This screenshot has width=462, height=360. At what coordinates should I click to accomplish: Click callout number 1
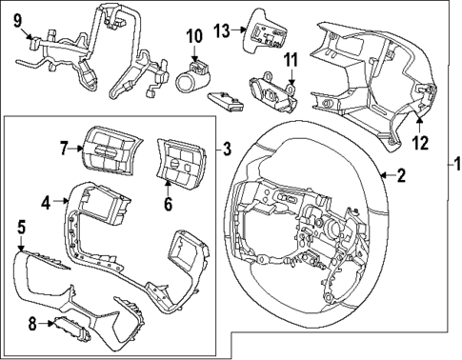454,178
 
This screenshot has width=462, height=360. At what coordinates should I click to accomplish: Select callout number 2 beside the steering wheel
400,174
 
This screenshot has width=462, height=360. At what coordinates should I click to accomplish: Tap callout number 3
227,148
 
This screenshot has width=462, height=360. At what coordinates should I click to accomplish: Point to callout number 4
46,201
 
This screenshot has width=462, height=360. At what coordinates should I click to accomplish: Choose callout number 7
65,148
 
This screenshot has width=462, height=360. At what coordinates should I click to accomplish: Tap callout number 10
193,37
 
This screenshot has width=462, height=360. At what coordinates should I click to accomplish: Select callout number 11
291,60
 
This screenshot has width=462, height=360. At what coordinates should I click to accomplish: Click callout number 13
221,30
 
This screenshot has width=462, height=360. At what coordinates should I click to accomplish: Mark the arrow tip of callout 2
379,174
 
